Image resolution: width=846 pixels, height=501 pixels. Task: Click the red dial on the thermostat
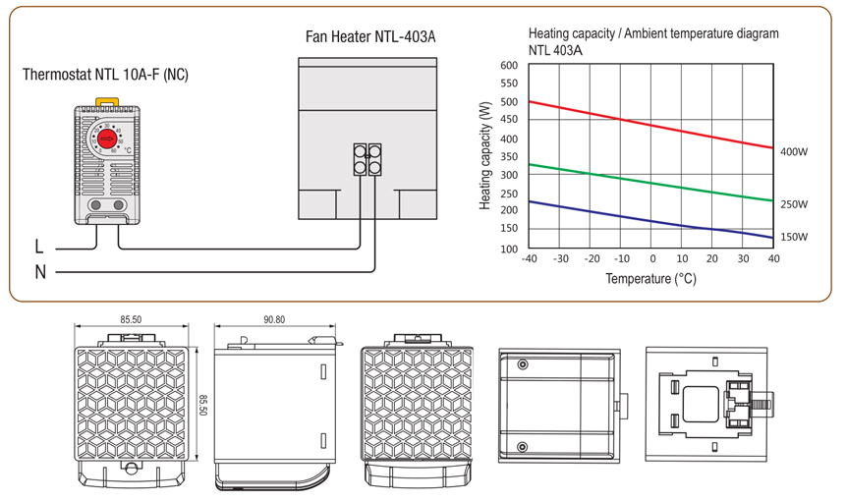(105, 139)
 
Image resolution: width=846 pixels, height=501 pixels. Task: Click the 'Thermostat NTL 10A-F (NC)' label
(105, 74)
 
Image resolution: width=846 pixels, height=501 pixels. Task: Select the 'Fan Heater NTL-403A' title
(370, 37)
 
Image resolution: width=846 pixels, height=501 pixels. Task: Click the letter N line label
(40, 272)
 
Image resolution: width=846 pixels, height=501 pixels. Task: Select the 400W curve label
(794, 152)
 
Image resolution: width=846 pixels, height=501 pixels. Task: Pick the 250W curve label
(794, 204)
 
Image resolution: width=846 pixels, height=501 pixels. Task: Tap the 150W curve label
(794, 237)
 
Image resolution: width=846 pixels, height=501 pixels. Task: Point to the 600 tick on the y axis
(508, 66)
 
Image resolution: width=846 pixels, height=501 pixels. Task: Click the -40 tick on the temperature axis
(530, 259)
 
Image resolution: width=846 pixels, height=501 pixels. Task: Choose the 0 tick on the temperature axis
(651, 259)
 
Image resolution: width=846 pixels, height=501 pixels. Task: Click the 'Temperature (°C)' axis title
(650, 279)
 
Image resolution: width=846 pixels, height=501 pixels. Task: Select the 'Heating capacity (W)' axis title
(485, 157)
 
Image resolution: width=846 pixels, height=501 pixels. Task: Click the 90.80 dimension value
(274, 319)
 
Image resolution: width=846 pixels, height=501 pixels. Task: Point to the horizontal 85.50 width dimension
(131, 319)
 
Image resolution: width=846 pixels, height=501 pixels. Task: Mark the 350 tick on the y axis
(508, 157)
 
